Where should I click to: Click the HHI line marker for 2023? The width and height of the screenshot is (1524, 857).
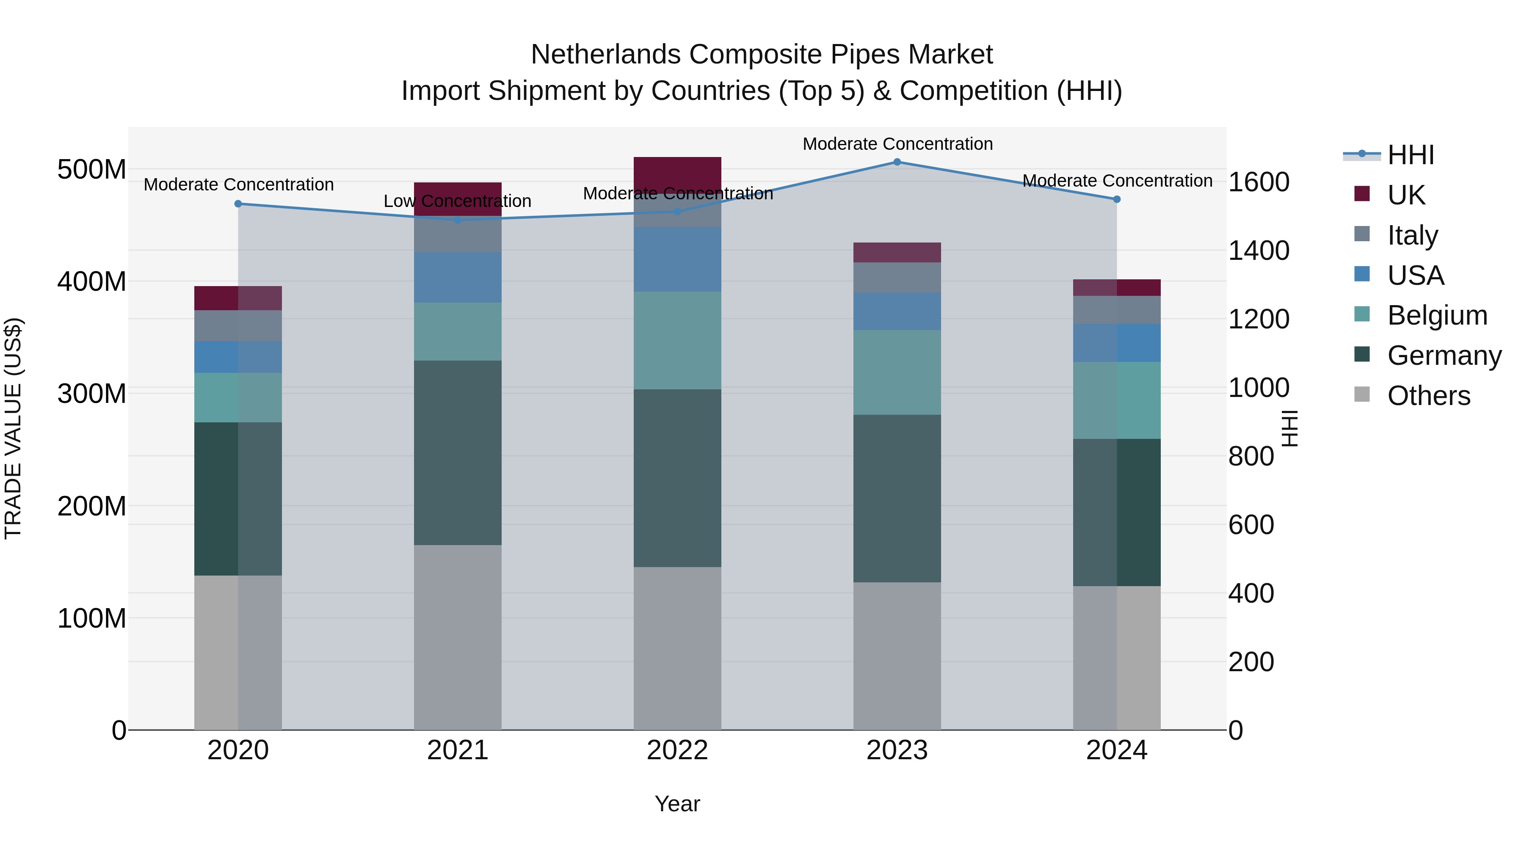(897, 162)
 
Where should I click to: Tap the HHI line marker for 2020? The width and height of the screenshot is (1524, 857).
(238, 204)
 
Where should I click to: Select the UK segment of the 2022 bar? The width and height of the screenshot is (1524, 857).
(677, 173)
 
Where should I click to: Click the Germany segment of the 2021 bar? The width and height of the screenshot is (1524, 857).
(457, 452)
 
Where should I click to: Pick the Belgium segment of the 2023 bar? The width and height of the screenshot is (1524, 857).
(897, 372)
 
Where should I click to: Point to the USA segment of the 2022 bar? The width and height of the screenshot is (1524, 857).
(677, 259)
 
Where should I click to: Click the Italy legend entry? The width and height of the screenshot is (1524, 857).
(1412, 235)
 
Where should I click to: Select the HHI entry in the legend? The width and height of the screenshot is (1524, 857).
(1411, 155)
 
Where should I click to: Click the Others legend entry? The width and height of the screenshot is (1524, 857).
(1428, 396)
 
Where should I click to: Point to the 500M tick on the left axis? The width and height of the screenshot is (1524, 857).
(92, 170)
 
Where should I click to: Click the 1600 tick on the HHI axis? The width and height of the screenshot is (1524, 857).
(1259, 182)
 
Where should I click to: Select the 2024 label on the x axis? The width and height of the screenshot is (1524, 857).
(1116, 750)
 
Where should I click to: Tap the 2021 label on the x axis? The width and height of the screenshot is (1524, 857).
(457, 750)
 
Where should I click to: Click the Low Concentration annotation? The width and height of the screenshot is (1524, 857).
(457, 201)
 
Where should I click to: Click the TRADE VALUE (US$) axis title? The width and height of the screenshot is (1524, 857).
(13, 428)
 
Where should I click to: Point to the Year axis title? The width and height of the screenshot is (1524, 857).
(677, 804)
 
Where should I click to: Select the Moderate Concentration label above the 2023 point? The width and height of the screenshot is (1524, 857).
(897, 144)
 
